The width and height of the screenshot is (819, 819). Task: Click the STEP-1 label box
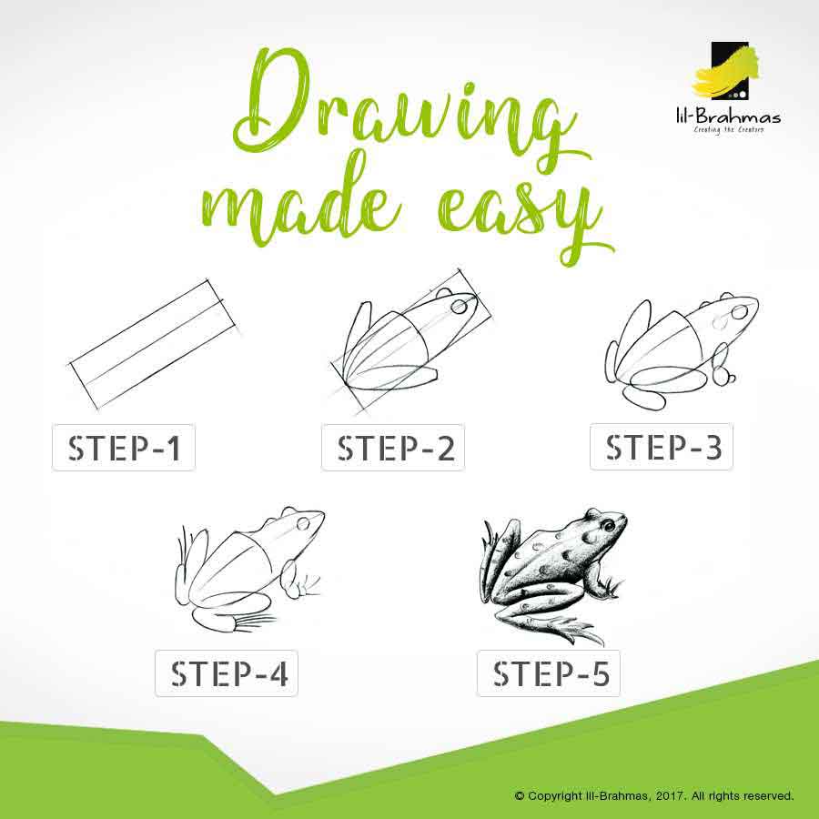[x=124, y=448]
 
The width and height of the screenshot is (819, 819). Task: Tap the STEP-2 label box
[x=393, y=448]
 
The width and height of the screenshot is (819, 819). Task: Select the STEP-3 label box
[x=662, y=447]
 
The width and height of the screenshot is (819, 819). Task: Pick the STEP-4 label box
[x=227, y=673]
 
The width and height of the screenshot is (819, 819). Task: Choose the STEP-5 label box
[x=549, y=673]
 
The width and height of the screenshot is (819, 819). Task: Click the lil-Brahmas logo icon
[x=726, y=71]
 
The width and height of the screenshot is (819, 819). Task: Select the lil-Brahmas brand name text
[x=728, y=116]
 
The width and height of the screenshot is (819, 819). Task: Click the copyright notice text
[x=654, y=796]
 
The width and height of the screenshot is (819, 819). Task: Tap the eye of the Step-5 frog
[x=609, y=525]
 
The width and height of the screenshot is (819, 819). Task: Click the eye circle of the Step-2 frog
[x=460, y=305]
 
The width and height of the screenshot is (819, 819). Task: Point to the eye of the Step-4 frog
[x=303, y=523]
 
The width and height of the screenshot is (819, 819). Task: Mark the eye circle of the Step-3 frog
[x=739, y=312]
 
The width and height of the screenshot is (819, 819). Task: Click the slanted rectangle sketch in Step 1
[x=155, y=344]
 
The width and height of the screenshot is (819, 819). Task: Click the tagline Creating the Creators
[x=729, y=129]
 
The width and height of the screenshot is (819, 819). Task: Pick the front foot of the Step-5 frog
[x=612, y=588]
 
